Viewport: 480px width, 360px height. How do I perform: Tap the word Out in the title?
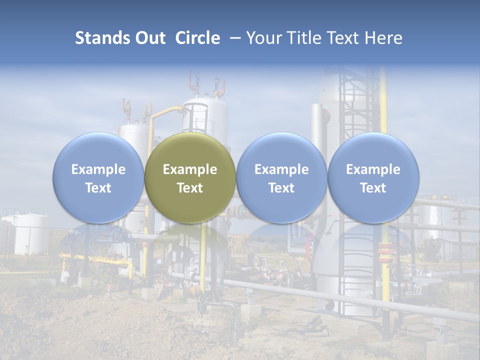pos(150,38)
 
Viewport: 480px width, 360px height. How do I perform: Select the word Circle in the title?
pos(197,38)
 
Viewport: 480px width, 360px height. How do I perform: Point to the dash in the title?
pos(233,38)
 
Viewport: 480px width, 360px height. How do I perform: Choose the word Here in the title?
pos(384,38)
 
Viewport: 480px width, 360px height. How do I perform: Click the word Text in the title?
pos(345,38)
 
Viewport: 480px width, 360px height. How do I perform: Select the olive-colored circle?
pos(190,178)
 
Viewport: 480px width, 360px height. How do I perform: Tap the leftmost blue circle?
pos(98,178)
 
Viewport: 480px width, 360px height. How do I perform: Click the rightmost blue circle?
pos(373,178)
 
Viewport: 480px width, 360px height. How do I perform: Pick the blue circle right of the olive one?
pos(281,178)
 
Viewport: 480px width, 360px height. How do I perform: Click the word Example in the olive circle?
pos(190,169)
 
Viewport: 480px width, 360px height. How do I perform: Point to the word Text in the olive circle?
pos(190,188)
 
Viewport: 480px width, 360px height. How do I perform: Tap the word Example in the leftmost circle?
pos(98,169)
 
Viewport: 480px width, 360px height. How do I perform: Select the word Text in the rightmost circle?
pos(373,188)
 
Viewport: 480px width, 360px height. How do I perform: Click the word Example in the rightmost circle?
pos(373,169)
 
